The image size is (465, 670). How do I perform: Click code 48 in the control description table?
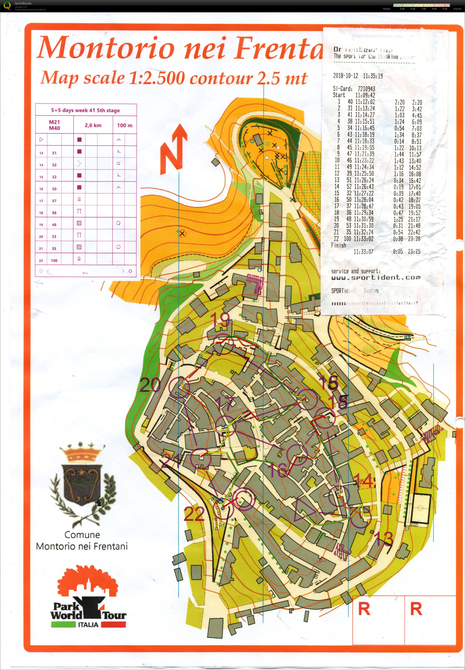(x=54, y=225)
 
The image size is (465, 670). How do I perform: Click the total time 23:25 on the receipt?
(x=414, y=251)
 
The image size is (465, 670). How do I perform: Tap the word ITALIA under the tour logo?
(x=88, y=624)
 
